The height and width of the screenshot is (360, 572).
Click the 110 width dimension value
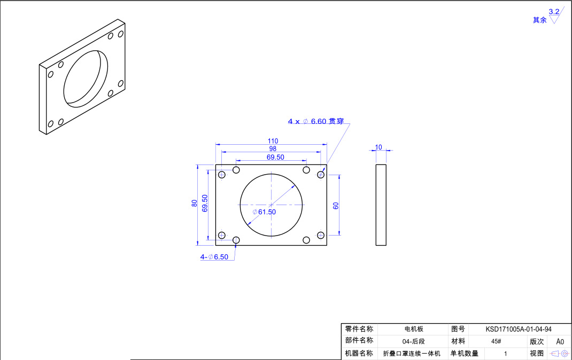(273, 141)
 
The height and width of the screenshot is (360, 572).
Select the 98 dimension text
(273, 149)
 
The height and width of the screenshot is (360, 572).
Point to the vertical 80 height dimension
(195, 203)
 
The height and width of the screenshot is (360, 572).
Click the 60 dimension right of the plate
(336, 206)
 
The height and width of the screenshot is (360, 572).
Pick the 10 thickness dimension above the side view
(378, 147)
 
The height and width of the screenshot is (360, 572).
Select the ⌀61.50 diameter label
(264, 212)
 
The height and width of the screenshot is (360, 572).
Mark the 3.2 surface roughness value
(554, 11)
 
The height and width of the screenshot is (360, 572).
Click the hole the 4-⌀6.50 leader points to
(236, 240)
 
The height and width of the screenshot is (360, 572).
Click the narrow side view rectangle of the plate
(381, 205)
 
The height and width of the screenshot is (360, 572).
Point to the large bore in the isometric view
(86, 78)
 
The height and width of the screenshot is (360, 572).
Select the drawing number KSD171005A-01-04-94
(519, 330)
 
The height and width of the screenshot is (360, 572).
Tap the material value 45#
(496, 341)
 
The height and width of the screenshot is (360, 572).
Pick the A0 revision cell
(560, 341)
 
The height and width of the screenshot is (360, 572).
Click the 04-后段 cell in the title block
(413, 341)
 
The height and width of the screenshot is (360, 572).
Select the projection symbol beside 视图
(559, 354)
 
